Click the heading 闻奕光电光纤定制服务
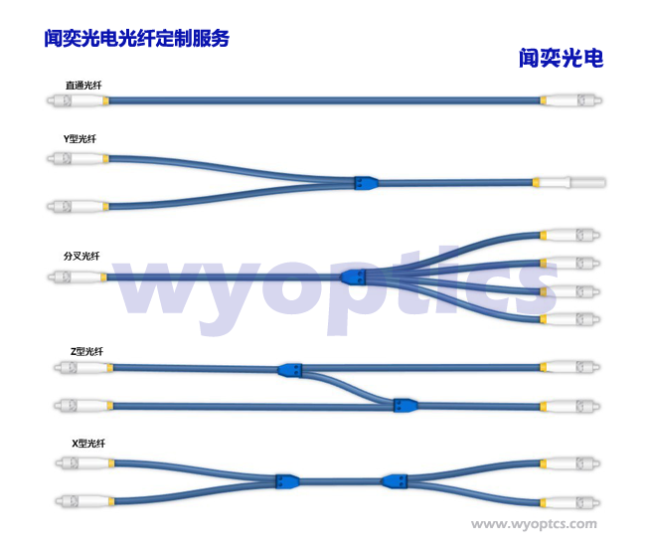click(x=136, y=39)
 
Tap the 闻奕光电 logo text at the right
click(x=562, y=58)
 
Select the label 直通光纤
click(x=83, y=86)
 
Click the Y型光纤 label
click(x=80, y=138)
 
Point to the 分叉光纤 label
click(x=81, y=256)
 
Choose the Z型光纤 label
click(x=86, y=351)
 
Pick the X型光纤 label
click(x=88, y=443)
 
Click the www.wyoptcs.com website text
click(x=534, y=524)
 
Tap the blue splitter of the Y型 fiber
click(x=366, y=183)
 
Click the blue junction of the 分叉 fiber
click(x=353, y=276)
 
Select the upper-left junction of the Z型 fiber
click(x=290, y=370)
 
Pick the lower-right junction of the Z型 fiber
click(x=405, y=405)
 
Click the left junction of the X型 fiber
click(x=287, y=481)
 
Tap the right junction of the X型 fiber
click(x=395, y=481)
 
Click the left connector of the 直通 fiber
click(x=78, y=100)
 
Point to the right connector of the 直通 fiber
click(x=571, y=99)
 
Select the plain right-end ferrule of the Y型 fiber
click(x=569, y=182)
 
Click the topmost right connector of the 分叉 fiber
click(x=569, y=235)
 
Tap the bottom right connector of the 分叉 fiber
click(x=569, y=319)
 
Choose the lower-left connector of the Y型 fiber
click(x=78, y=206)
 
